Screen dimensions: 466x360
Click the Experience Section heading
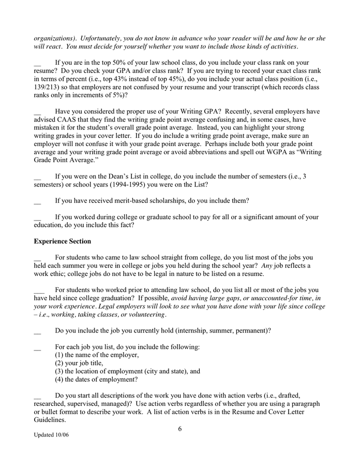pos(62,241)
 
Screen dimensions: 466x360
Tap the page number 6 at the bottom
pos(179,428)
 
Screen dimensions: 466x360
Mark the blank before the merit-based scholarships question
pos(37,201)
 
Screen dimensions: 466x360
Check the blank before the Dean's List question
pos(37,177)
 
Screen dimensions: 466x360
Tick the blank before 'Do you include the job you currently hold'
pos(37,330)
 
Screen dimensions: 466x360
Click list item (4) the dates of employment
pos(96,379)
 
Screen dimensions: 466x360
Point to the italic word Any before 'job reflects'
pos(267,266)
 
